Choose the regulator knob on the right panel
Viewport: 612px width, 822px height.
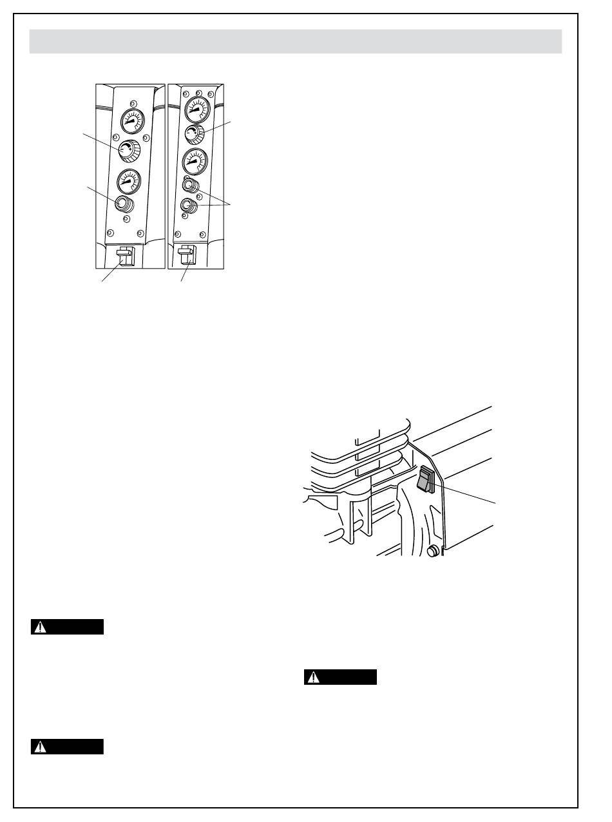[x=193, y=135]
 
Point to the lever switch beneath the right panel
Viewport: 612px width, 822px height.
[x=187, y=256]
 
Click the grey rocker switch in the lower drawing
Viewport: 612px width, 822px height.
[x=425, y=481]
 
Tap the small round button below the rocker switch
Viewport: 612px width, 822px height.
[x=434, y=550]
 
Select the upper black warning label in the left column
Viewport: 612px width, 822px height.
[x=67, y=627]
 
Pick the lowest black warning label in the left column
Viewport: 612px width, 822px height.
[x=67, y=747]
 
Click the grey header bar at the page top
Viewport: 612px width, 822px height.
[x=296, y=41]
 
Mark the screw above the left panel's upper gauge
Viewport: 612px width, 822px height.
[x=133, y=103]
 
